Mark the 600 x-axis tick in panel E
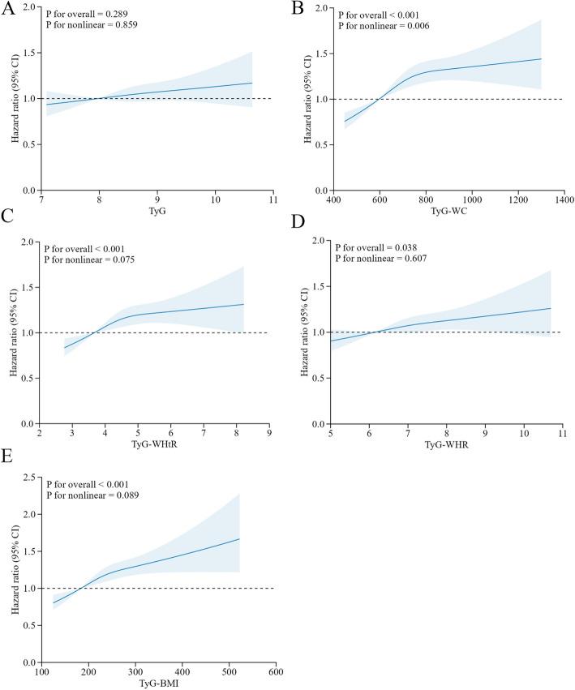coord(276,673)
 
